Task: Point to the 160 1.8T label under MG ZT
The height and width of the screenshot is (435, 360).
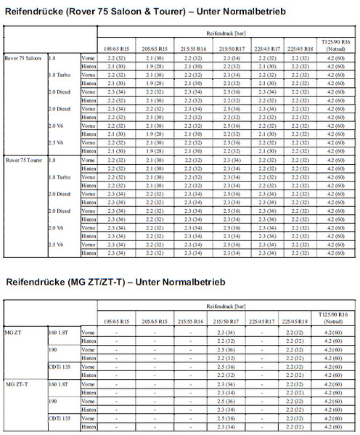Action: tap(60, 333)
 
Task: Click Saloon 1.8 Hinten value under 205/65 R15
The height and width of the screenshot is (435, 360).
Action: tap(154, 65)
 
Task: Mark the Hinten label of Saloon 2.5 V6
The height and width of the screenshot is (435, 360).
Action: tap(89, 150)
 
